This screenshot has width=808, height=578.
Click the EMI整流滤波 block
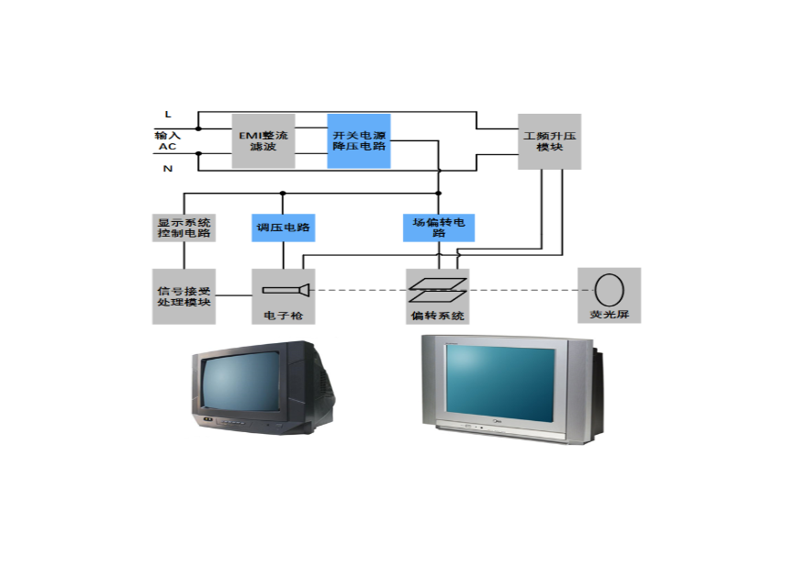[x=263, y=140]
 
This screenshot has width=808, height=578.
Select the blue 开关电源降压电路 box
[x=359, y=140]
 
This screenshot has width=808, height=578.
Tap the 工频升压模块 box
[x=548, y=140]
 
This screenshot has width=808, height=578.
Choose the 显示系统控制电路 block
[x=184, y=228]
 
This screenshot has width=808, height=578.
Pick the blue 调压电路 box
[x=283, y=228]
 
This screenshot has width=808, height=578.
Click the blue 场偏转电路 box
[x=438, y=228]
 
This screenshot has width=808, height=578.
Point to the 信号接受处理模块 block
[x=184, y=295]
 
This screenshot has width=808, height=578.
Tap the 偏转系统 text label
[x=437, y=316]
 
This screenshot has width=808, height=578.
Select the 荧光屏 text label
[x=609, y=316]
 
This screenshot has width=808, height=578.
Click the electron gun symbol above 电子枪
[x=285, y=290]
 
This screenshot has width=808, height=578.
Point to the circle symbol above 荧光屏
[x=609, y=289]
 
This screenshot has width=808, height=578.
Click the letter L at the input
[x=167, y=114]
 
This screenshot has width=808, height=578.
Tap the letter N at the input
[x=167, y=169]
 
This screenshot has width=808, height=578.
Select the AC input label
[x=166, y=146]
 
